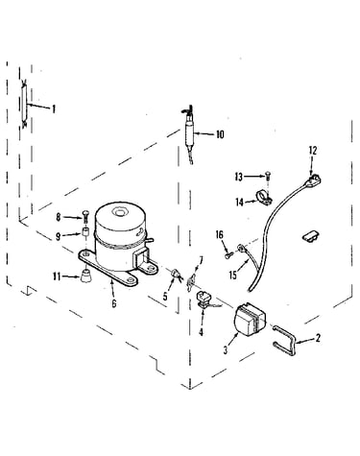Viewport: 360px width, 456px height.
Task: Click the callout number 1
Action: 54,109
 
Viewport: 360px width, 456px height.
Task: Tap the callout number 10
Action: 220,134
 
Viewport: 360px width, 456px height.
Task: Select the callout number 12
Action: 313,151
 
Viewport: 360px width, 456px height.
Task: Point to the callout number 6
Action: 114,303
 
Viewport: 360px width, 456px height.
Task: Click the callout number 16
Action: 220,235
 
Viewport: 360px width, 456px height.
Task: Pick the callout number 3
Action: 226,350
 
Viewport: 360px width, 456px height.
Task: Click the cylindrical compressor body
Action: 120,235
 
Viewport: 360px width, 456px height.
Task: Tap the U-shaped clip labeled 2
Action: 285,340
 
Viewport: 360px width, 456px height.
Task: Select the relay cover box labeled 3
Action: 251,320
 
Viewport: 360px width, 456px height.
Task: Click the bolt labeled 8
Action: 86,216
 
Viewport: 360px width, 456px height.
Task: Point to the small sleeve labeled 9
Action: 85,232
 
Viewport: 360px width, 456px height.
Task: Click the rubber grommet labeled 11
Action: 85,276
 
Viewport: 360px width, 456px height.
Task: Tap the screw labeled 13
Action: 268,177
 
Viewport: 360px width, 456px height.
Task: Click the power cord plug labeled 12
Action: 313,180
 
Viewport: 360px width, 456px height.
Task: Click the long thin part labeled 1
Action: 24,104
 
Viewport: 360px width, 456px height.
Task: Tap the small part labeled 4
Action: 204,299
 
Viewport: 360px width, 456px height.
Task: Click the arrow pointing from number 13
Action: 254,177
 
